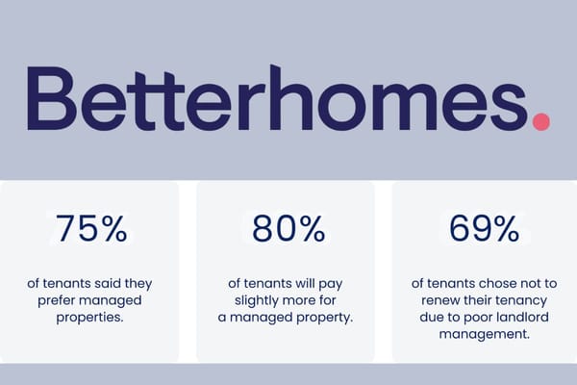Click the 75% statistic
pos(91,228)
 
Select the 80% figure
pos(287,228)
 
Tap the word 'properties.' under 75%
pos(91,318)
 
